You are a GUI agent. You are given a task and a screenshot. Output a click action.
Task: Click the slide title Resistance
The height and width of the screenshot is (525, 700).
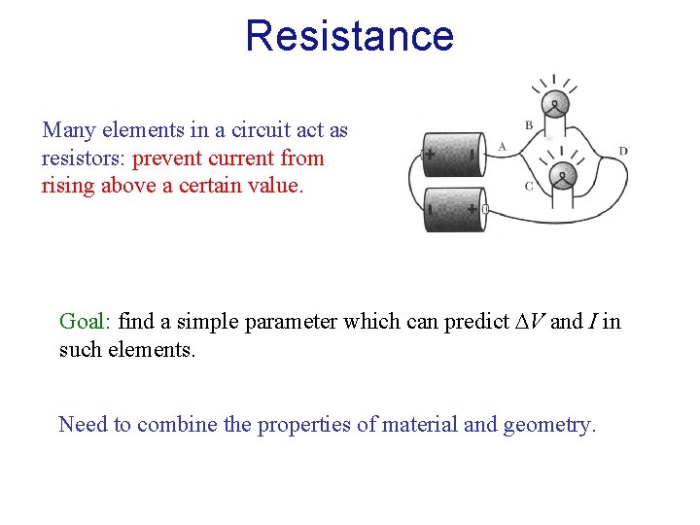point(349,36)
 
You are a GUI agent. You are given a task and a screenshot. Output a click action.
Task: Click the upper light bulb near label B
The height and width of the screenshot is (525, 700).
point(555,105)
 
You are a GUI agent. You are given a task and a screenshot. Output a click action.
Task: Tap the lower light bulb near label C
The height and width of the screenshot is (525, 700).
point(561,176)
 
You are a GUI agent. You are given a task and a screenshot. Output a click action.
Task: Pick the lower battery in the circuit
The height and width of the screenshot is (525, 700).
point(453,209)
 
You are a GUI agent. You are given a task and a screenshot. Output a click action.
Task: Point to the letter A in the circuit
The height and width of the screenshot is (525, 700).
point(502,147)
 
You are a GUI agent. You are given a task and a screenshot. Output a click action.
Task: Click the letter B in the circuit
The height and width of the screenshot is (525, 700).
point(529,125)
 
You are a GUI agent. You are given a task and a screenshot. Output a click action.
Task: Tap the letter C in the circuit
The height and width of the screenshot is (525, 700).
point(528,187)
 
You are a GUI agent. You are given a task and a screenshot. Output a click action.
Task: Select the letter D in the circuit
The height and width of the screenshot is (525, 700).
point(622,151)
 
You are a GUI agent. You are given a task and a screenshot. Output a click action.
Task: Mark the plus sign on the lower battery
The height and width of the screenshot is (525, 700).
point(472,209)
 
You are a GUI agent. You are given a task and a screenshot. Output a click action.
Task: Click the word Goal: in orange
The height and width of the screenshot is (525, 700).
point(86,322)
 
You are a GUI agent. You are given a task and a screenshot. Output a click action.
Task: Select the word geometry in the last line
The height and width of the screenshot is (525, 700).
point(549,425)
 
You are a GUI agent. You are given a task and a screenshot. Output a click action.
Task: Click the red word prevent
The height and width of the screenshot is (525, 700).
point(167,158)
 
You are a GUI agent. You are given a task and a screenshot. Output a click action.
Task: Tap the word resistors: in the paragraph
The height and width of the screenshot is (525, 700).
point(85,158)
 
